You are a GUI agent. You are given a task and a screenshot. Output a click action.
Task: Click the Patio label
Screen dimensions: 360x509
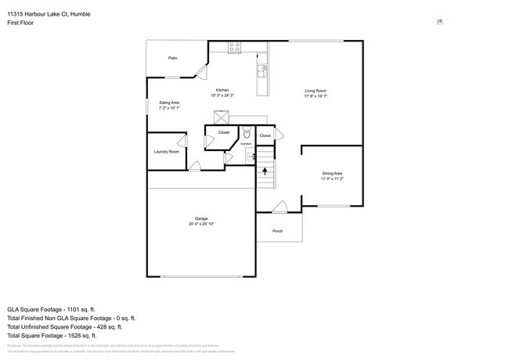pyautogui.click(x=173, y=58)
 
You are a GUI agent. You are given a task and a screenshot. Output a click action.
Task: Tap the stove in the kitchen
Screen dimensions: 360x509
pyautogui.click(x=234, y=48)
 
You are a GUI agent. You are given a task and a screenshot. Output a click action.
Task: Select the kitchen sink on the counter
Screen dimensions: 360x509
pyautogui.click(x=262, y=70)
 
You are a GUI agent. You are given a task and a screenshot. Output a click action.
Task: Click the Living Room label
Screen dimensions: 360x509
pyautogui.click(x=316, y=91)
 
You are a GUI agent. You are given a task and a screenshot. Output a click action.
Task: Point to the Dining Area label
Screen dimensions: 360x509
pyautogui.click(x=332, y=173)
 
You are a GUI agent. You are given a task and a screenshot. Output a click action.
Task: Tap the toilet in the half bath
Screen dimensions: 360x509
pyautogui.click(x=246, y=132)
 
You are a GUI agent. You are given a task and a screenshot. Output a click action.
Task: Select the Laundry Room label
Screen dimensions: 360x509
pyautogui.click(x=166, y=151)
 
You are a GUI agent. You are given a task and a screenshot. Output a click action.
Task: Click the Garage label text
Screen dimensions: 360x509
pyautogui.click(x=201, y=218)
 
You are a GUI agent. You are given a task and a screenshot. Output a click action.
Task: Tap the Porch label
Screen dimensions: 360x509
pyautogui.click(x=277, y=231)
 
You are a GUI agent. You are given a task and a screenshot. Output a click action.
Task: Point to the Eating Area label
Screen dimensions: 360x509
pyautogui.click(x=170, y=103)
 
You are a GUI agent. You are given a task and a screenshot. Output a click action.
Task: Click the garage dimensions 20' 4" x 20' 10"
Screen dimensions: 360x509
pyautogui.click(x=201, y=224)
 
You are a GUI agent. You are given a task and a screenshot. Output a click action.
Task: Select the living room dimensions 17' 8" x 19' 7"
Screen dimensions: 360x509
pyautogui.click(x=316, y=96)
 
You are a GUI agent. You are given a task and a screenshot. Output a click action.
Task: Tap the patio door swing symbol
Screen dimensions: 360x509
pyautogui.click(x=200, y=72)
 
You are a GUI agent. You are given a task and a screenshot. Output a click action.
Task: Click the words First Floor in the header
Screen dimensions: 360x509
pyautogui.click(x=20, y=23)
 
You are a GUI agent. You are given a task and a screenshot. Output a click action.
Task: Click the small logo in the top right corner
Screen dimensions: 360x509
pyautogui.click(x=439, y=22)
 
